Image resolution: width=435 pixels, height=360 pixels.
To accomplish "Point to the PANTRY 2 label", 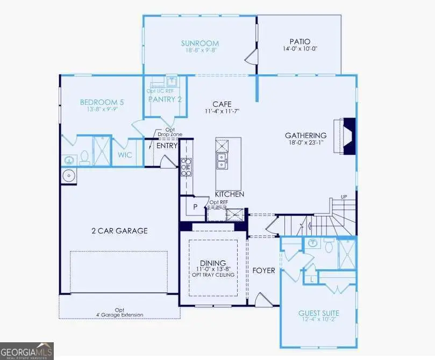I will pos(165,99).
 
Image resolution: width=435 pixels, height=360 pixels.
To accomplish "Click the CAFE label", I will pos(222,104).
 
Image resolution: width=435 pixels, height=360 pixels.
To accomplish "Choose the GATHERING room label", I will pos(305,135).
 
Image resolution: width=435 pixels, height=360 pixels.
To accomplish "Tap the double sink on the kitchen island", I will pos(222,161).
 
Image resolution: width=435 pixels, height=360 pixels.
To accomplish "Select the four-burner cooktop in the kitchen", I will pos(186,167).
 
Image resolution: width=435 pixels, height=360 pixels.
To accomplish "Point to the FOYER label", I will pos(263,271).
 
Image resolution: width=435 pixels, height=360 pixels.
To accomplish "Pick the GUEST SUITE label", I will pos(319,313).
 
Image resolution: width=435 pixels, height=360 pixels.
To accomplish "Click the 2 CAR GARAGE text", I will pos(119,231).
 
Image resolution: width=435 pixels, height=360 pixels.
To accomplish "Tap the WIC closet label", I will pos(125,155).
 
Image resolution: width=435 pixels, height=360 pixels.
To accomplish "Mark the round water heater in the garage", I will pos(68,176).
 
